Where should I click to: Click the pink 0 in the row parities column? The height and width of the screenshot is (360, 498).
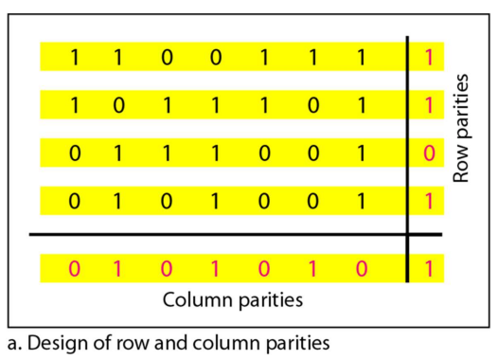click(429, 153)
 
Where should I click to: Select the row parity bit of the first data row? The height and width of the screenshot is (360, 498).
click(429, 58)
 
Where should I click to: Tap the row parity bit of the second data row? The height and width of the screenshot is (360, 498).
click(429, 105)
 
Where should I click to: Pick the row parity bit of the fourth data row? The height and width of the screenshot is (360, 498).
click(429, 201)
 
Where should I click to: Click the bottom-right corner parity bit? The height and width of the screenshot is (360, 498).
click(429, 268)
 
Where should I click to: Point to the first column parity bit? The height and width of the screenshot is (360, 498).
click(74, 268)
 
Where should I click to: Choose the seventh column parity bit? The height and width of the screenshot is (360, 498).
click(361, 268)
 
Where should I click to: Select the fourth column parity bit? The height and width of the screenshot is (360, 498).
click(215, 268)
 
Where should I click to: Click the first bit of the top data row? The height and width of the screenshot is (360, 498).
click(74, 58)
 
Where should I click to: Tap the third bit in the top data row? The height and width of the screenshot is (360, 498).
click(167, 58)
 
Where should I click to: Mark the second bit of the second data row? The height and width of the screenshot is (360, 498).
click(118, 105)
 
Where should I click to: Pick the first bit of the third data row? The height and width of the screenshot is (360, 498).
click(74, 153)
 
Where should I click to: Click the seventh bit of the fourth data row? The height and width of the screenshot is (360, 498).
click(361, 201)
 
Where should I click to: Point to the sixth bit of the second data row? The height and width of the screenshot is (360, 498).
click(312, 105)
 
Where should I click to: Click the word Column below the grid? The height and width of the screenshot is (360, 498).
click(197, 299)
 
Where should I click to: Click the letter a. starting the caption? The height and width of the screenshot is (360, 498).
click(15, 345)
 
